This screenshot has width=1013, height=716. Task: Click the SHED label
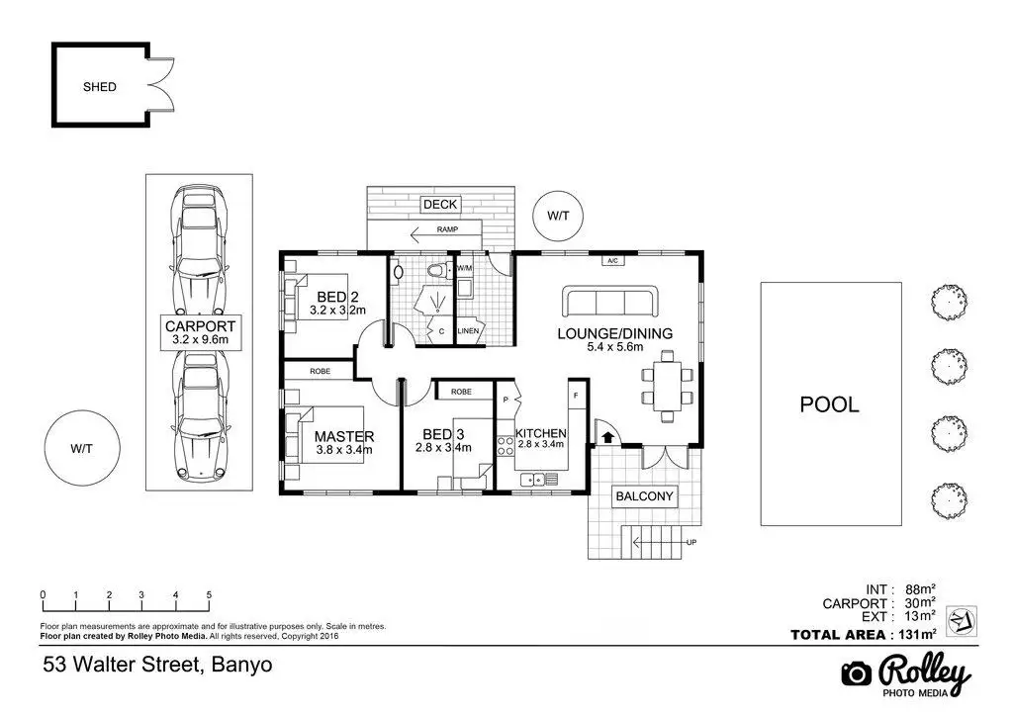(x=100, y=86)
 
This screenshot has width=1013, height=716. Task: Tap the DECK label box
(x=440, y=205)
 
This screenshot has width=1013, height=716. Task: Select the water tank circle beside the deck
(x=558, y=217)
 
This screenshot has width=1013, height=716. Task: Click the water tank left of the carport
(x=82, y=448)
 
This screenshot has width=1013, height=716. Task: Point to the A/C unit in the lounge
(x=613, y=260)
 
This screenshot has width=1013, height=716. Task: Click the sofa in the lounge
(x=609, y=301)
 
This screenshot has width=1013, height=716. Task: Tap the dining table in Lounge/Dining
(x=667, y=386)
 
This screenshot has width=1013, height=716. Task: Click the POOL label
(x=830, y=404)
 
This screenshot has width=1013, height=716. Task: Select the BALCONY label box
(x=644, y=496)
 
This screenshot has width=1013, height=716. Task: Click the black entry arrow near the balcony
(x=607, y=437)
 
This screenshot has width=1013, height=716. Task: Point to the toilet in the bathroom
(x=442, y=270)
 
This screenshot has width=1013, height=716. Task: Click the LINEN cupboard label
(x=468, y=331)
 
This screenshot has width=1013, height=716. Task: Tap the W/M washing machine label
(x=464, y=268)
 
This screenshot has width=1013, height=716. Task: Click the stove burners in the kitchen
(x=505, y=446)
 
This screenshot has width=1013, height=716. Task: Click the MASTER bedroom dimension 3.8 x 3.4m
(x=343, y=450)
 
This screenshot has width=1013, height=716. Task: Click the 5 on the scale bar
(x=209, y=594)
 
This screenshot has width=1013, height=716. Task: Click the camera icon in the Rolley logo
(x=857, y=674)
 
